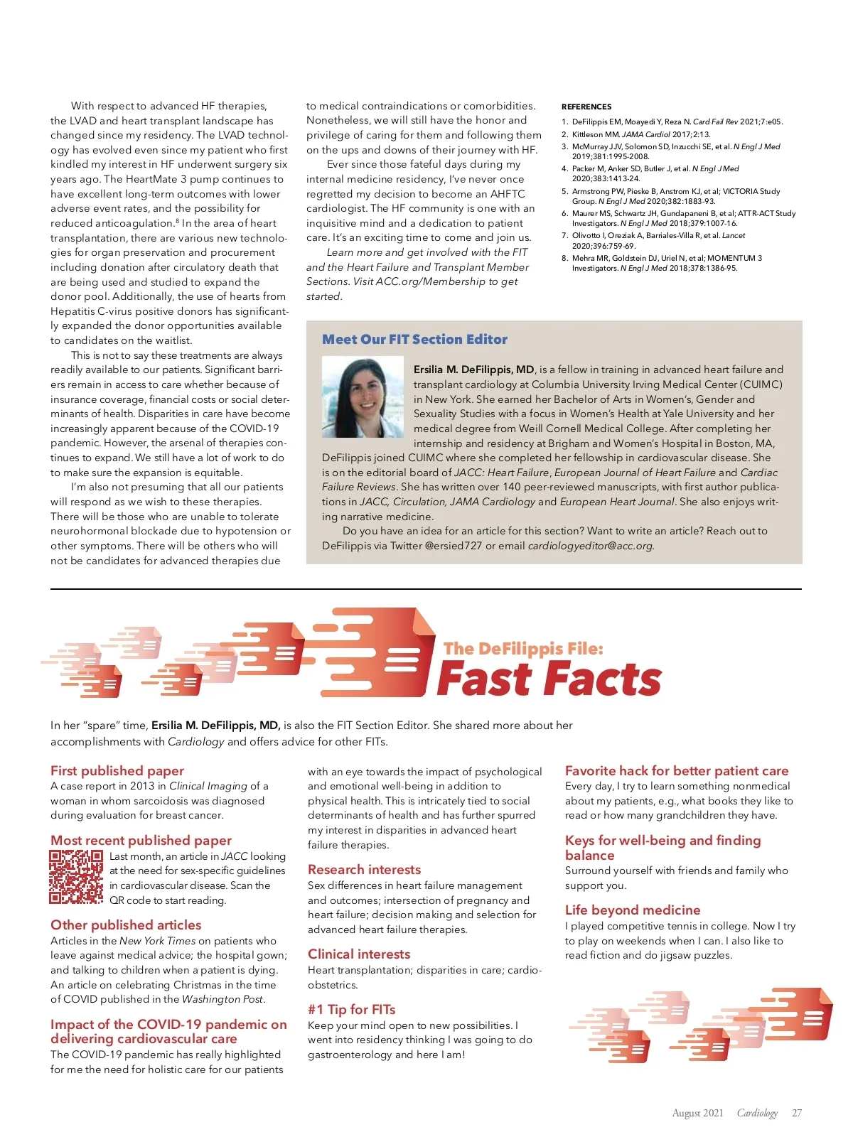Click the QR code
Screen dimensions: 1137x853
pyautogui.click(x=76, y=877)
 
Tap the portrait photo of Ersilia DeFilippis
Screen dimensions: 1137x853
pyautogui.click(x=364, y=397)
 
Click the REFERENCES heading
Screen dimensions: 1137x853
pyautogui.click(x=586, y=107)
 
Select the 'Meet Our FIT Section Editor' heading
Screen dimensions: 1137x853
pyautogui.click(x=414, y=340)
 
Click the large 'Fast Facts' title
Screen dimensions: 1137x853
pyautogui.click(x=549, y=679)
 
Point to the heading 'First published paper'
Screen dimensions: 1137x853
pyautogui.click(x=117, y=770)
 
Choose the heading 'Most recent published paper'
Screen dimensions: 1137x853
pyautogui.click(x=141, y=840)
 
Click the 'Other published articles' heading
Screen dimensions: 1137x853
pyautogui.click(x=126, y=925)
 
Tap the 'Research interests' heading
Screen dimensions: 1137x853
pyautogui.click(x=364, y=869)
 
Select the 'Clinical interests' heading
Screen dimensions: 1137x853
pyautogui.click(x=359, y=954)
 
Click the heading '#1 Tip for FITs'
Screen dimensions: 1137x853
pyautogui.click(x=351, y=1009)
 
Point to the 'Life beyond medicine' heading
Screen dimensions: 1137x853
pyautogui.click(x=633, y=910)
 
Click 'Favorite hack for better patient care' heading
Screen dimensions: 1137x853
pyautogui.click(x=677, y=770)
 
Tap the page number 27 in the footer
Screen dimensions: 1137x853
pyautogui.click(x=797, y=1113)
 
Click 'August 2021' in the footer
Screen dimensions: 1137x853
pyautogui.click(x=697, y=1113)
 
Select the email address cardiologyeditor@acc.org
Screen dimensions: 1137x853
pyautogui.click(x=590, y=546)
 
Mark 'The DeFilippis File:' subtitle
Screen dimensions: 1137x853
pyautogui.click(x=523, y=648)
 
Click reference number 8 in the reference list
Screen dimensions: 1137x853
pyautogui.click(x=565, y=258)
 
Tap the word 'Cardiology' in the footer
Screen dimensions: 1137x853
pyautogui.click(x=757, y=1113)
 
